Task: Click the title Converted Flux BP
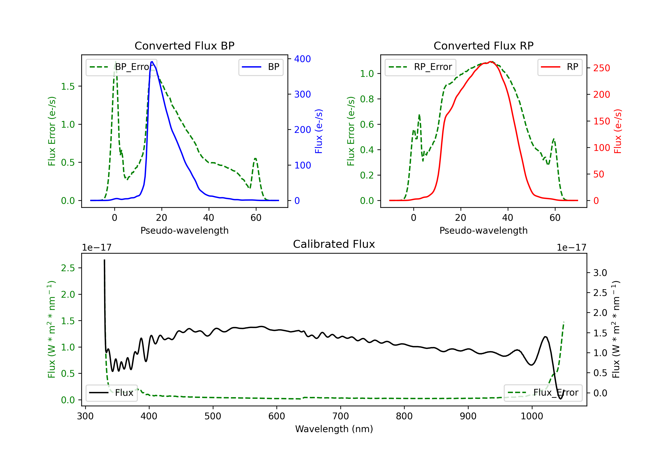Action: click(x=184, y=46)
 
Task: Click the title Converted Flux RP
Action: click(x=483, y=46)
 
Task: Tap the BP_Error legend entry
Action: click(x=121, y=67)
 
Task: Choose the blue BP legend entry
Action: click(x=261, y=67)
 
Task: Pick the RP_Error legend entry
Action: click(x=420, y=67)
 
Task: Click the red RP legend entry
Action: click(x=560, y=67)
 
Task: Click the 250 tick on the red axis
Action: click(x=601, y=68)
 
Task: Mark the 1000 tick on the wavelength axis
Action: click(x=532, y=416)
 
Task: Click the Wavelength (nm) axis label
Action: click(x=334, y=429)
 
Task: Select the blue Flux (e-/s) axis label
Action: click(x=319, y=131)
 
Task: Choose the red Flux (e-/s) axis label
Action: click(x=618, y=131)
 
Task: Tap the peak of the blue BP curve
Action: click(x=152, y=62)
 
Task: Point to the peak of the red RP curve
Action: click(x=491, y=62)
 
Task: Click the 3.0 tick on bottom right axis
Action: click(x=600, y=273)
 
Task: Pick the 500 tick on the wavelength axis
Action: click(x=213, y=416)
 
